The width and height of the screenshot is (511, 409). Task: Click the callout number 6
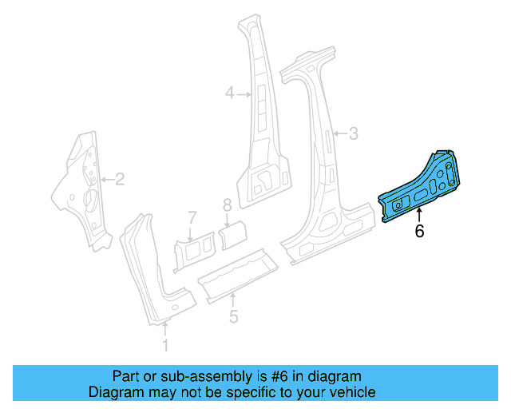coord(419,232)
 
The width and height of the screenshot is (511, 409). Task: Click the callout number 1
coord(166,345)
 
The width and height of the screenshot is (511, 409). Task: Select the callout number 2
coord(121,179)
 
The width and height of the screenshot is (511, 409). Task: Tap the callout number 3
coord(355,133)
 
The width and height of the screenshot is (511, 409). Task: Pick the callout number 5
coord(233,316)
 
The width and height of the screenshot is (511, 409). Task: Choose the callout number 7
coord(192,216)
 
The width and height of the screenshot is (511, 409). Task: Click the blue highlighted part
coord(423,188)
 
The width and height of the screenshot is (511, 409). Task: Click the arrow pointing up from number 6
coord(419,214)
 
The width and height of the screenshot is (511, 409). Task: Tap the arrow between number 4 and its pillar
coord(243,94)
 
